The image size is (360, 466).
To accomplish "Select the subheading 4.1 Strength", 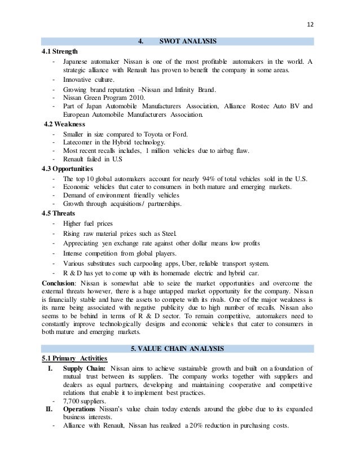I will coord(60,51).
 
